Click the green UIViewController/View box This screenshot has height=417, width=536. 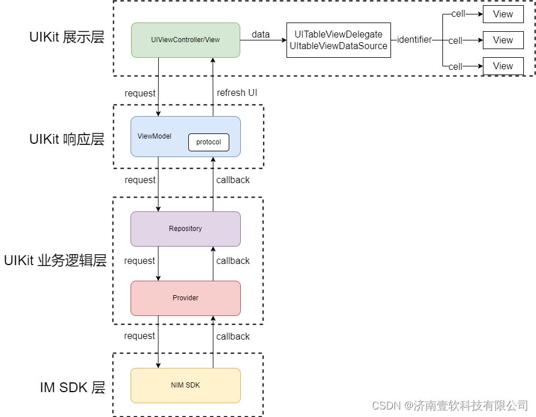(x=185, y=40)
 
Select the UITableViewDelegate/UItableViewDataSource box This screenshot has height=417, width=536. (x=338, y=40)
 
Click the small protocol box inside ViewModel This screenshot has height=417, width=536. (x=209, y=142)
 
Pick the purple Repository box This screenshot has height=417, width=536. (x=185, y=229)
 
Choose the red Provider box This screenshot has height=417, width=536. (x=185, y=298)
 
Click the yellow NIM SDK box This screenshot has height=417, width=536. (x=185, y=385)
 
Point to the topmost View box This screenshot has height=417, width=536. (x=502, y=14)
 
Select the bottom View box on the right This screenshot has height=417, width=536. (x=502, y=66)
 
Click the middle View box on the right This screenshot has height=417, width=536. (x=502, y=40)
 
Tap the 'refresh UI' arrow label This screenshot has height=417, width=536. (x=237, y=93)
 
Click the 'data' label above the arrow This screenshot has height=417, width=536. (x=260, y=35)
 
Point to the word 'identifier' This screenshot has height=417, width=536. (x=414, y=40)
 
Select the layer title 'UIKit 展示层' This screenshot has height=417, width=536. (x=67, y=38)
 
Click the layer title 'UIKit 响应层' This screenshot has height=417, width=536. (x=67, y=139)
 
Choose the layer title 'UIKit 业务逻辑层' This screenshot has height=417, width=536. (x=55, y=260)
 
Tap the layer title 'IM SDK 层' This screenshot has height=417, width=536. (x=73, y=388)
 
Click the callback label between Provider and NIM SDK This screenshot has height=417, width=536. (x=233, y=336)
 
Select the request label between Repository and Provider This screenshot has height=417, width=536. (x=139, y=261)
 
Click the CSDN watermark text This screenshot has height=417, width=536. (x=450, y=405)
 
